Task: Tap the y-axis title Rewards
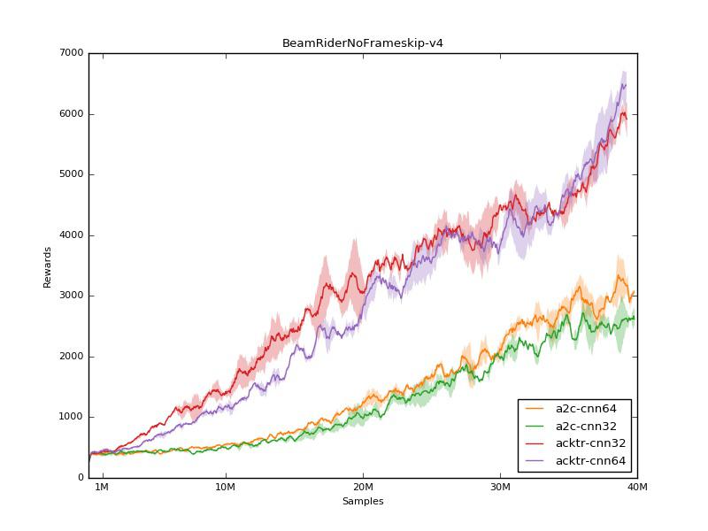coord(48,266)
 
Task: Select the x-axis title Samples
coord(363,501)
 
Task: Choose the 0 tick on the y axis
coord(81,478)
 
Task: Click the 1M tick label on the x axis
coord(101,488)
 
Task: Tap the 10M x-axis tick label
coord(226,488)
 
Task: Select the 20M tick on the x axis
coord(363,488)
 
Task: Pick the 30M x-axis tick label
coord(500,488)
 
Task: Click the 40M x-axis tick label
coord(637,488)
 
